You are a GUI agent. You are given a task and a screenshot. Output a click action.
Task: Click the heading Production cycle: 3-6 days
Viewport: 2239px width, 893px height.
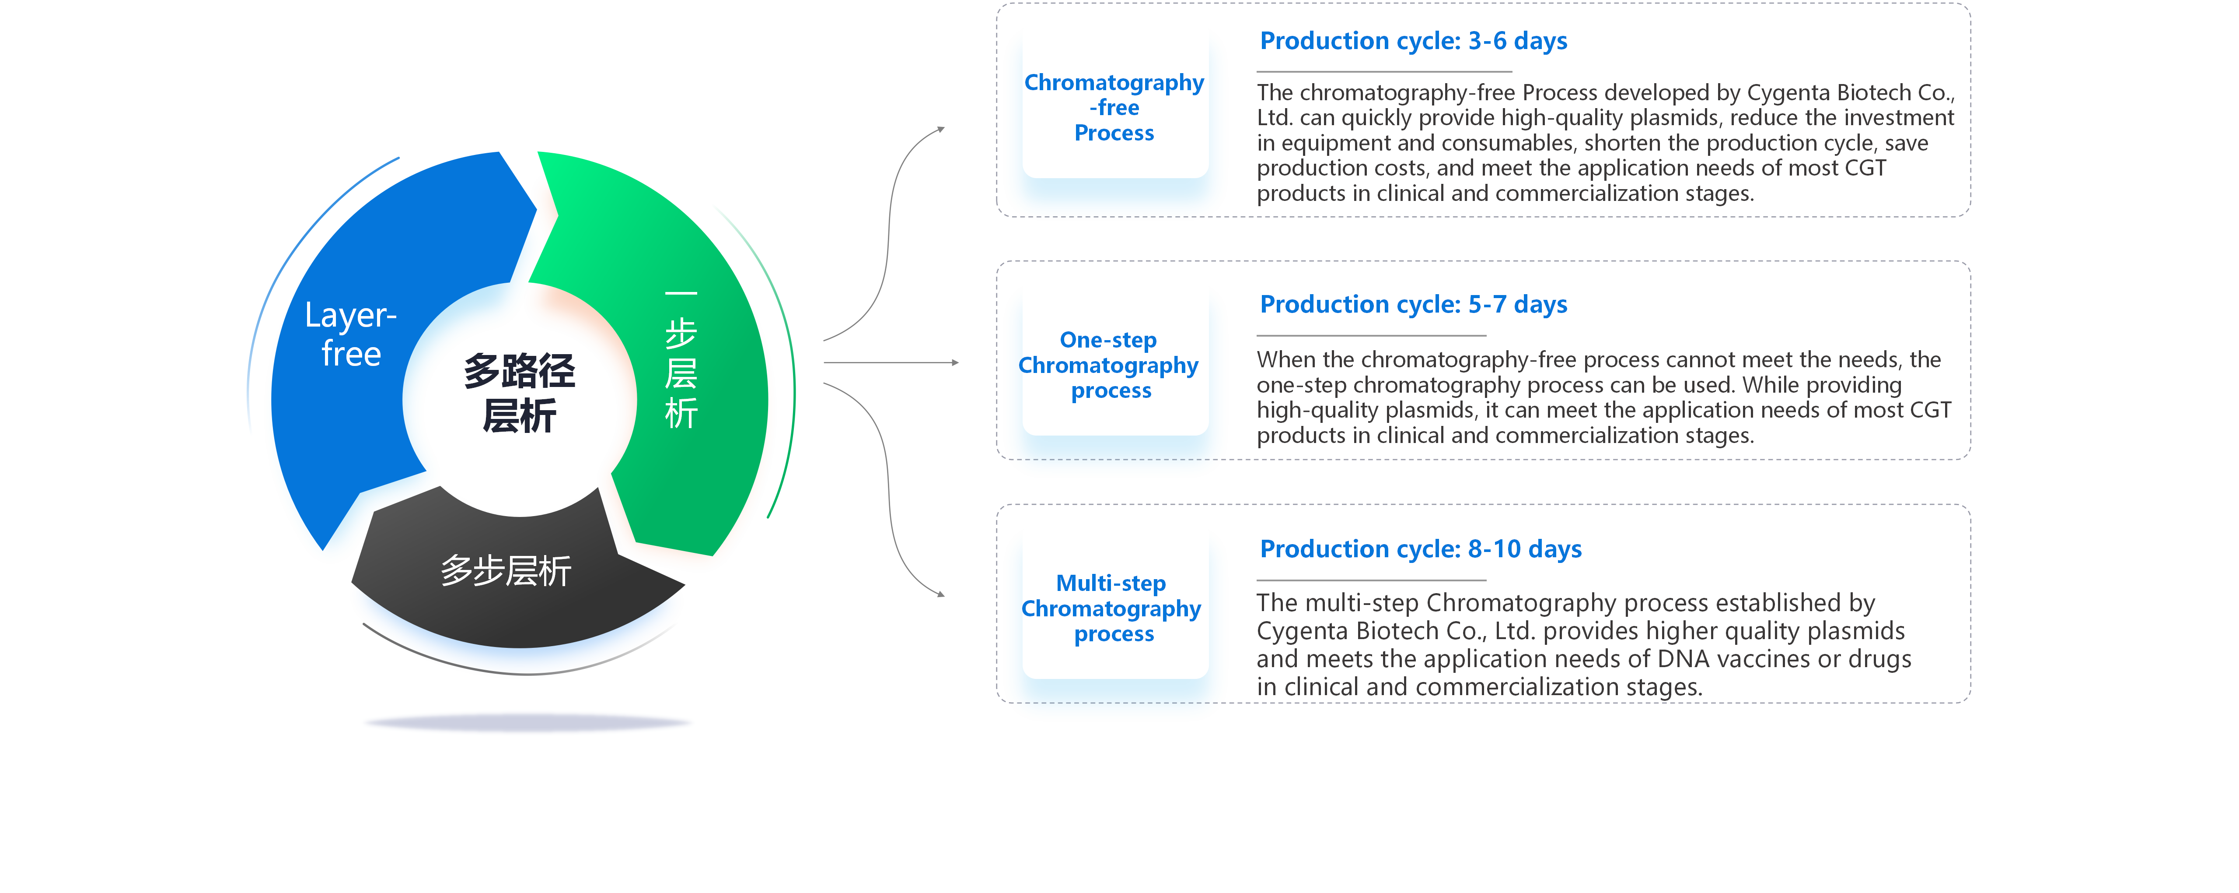pos(1413,41)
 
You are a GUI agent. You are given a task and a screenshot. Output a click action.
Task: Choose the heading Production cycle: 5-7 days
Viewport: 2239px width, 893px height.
pos(1413,304)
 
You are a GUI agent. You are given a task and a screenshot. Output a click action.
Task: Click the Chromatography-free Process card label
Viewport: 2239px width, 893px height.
pos(1114,108)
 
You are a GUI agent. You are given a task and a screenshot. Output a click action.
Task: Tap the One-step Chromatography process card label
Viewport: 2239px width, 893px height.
pos(1109,365)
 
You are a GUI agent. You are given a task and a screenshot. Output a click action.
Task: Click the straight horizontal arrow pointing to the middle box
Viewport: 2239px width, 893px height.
pos(891,362)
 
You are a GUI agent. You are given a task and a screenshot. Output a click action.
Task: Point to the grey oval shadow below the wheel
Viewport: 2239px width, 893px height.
pos(527,722)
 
